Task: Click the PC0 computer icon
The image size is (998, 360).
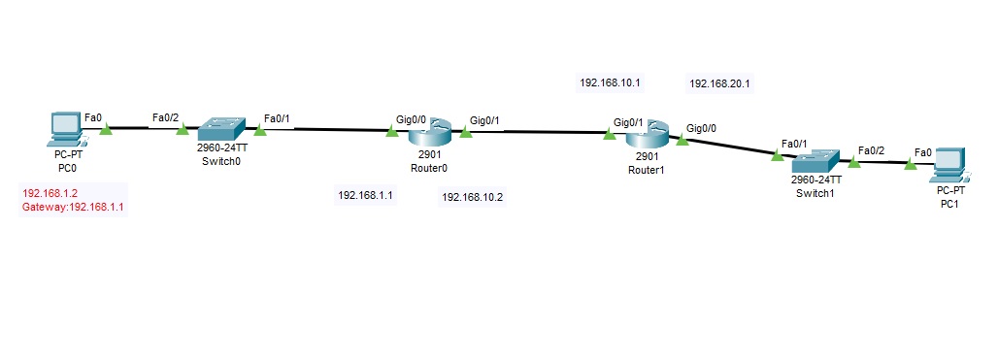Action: click(x=65, y=129)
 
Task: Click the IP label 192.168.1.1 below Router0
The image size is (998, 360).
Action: click(x=365, y=195)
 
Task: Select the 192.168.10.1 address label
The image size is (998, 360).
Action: click(x=610, y=83)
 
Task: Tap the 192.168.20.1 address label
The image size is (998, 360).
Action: click(x=719, y=84)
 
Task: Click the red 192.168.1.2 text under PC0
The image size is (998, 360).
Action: click(x=50, y=193)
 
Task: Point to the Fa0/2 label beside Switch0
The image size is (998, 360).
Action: click(x=165, y=118)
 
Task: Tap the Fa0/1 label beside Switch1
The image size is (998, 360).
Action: click(x=794, y=143)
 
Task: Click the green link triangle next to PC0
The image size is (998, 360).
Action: click(x=106, y=129)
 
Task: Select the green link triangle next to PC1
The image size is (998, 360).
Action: click(x=910, y=165)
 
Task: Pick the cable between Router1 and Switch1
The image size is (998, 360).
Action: click(x=729, y=147)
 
